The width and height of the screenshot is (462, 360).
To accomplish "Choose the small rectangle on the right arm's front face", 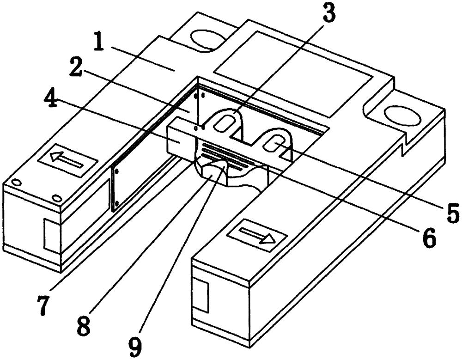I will (x=202, y=295).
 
